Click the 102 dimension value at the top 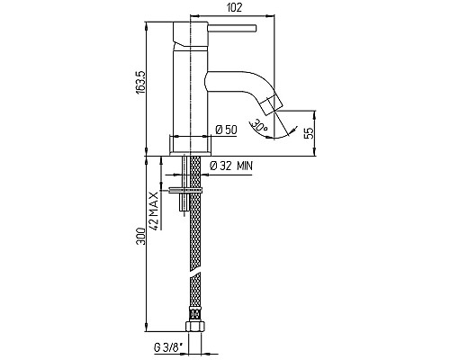[234, 7]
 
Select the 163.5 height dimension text [141, 83]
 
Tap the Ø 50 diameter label [226, 130]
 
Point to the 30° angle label [259, 125]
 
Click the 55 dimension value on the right [309, 132]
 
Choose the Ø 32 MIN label [231, 166]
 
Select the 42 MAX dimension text [154, 211]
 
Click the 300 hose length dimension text [140, 236]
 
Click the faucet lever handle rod [232, 28]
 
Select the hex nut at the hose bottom [194, 326]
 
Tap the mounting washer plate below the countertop [185, 190]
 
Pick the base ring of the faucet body [191, 145]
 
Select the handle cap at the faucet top [191, 34]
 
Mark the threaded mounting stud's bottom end [184, 211]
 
